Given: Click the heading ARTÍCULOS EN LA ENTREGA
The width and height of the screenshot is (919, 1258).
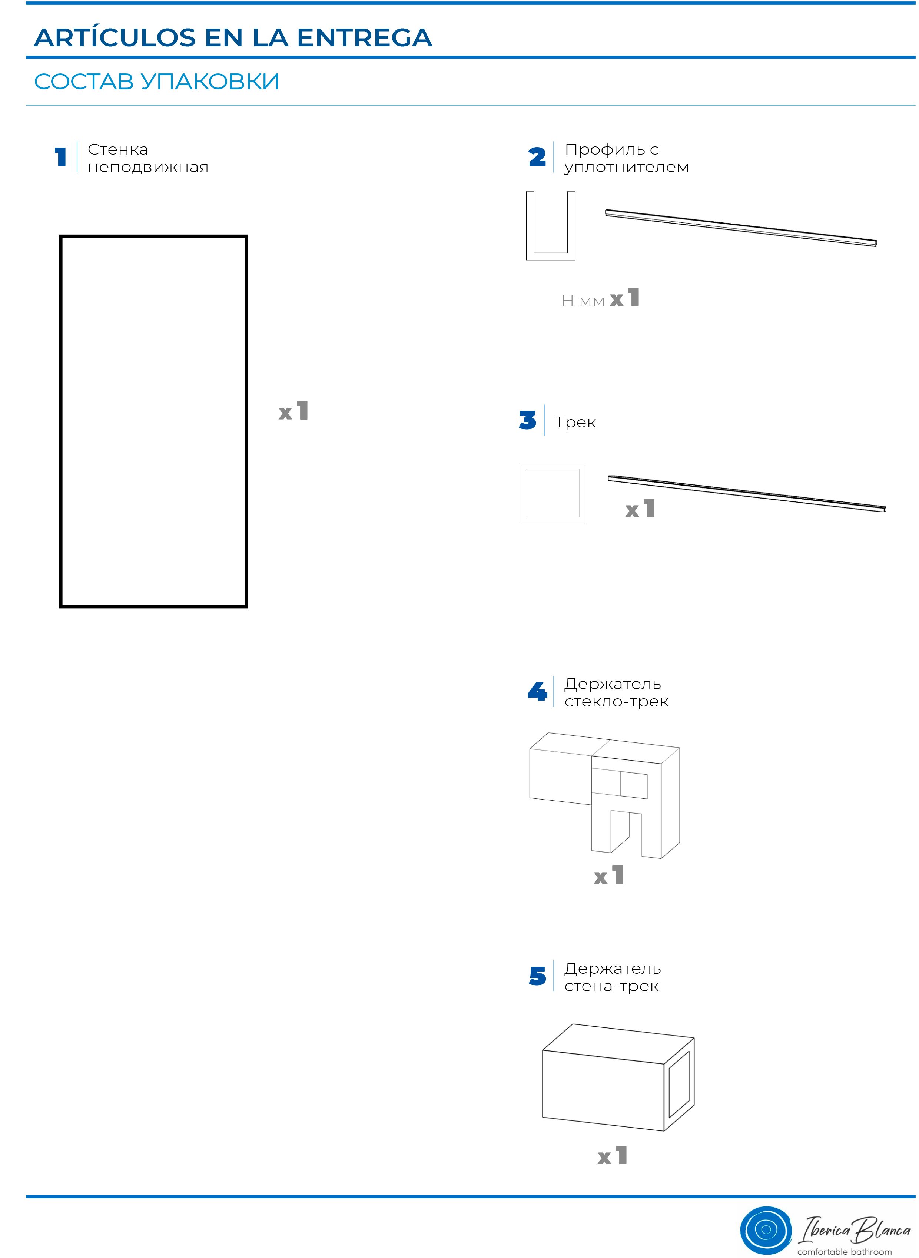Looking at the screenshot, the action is [x=233, y=38].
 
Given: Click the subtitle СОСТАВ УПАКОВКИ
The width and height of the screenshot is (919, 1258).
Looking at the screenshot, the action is [x=156, y=81].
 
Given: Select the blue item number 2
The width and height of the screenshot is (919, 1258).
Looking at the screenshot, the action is [x=537, y=156].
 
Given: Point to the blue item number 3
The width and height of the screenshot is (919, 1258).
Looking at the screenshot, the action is [x=527, y=420].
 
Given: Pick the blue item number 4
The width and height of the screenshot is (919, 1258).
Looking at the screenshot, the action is [x=537, y=692].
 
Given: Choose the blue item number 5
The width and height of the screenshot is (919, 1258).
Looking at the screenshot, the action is [x=537, y=976].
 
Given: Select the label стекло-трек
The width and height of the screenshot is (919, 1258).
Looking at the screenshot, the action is [x=616, y=702].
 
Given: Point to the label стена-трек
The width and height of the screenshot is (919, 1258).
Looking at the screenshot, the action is [x=611, y=986].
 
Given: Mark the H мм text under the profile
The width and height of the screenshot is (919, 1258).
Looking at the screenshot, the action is [x=583, y=301].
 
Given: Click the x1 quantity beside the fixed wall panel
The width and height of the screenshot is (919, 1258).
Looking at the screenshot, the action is [x=293, y=411].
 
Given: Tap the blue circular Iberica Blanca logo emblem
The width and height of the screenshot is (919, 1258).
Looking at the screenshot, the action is [x=766, y=1229].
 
